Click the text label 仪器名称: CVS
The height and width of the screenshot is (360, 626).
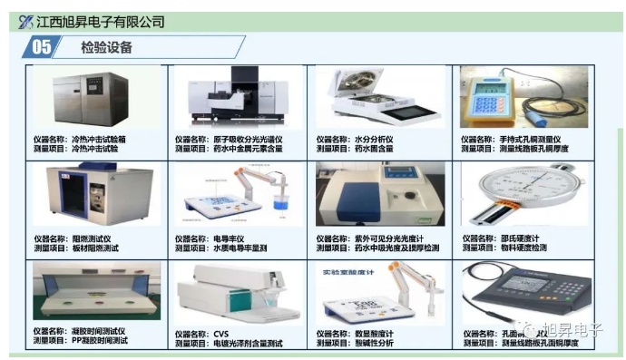tap(201, 334)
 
